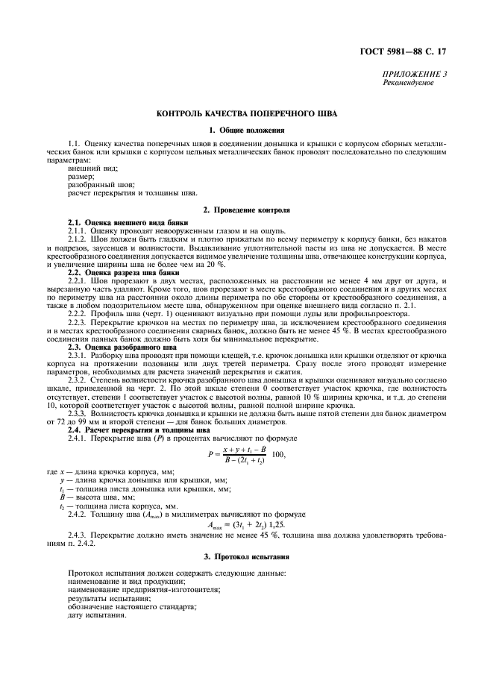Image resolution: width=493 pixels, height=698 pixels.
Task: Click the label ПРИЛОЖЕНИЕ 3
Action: click(x=409, y=75)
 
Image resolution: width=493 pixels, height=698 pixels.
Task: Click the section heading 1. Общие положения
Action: click(x=246, y=131)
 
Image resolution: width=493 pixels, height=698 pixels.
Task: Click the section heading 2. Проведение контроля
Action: click(x=246, y=210)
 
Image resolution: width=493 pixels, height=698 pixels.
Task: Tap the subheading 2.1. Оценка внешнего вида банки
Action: click(x=128, y=223)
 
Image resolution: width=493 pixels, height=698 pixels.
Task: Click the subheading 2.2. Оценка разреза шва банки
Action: click(x=124, y=272)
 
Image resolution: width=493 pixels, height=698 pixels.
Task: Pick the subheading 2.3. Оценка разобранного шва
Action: click(x=122, y=348)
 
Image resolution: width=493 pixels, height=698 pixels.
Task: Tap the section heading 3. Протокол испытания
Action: click(x=246, y=556)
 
